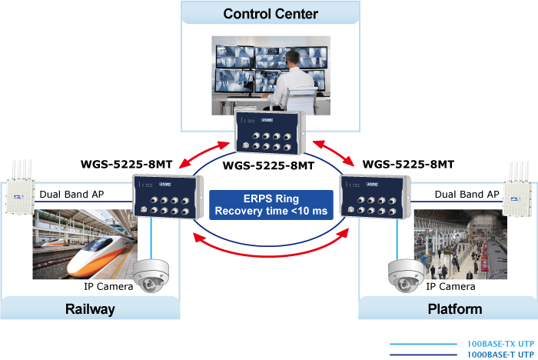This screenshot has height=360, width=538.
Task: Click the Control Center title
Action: pyautogui.click(x=271, y=13)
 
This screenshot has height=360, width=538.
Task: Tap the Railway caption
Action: pyautogui.click(x=90, y=309)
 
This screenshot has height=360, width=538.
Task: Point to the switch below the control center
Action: pyautogui.click(x=271, y=134)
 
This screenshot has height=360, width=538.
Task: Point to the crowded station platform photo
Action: pyautogui.click(x=457, y=245)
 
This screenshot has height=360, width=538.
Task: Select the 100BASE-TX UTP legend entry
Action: pyautogui.click(x=500, y=345)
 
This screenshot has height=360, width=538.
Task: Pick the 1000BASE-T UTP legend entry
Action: pyautogui.click(x=499, y=355)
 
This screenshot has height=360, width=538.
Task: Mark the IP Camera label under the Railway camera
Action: pyautogui.click(x=108, y=286)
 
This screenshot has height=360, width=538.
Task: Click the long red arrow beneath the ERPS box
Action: pyautogui.click(x=271, y=248)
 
